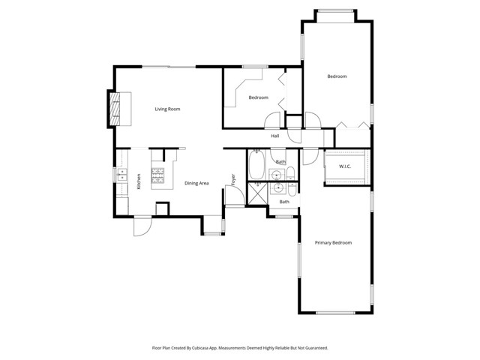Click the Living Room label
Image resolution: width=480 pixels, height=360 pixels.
tap(167, 109)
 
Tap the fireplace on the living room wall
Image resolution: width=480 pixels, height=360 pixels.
tap(118, 108)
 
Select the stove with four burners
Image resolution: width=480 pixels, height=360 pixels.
tap(158, 178)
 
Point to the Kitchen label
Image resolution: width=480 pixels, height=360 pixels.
tap(139, 181)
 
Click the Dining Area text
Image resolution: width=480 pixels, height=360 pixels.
tap(196, 183)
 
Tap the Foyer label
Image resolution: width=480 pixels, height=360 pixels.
tap(233, 180)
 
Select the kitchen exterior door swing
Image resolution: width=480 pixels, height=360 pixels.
tap(142, 226)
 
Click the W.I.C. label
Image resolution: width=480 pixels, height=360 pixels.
tap(345, 166)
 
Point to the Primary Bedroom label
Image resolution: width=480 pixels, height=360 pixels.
tap(333, 243)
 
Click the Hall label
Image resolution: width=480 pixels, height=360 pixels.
tap(275, 136)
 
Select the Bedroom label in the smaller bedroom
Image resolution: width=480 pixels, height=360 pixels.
tap(259, 97)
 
